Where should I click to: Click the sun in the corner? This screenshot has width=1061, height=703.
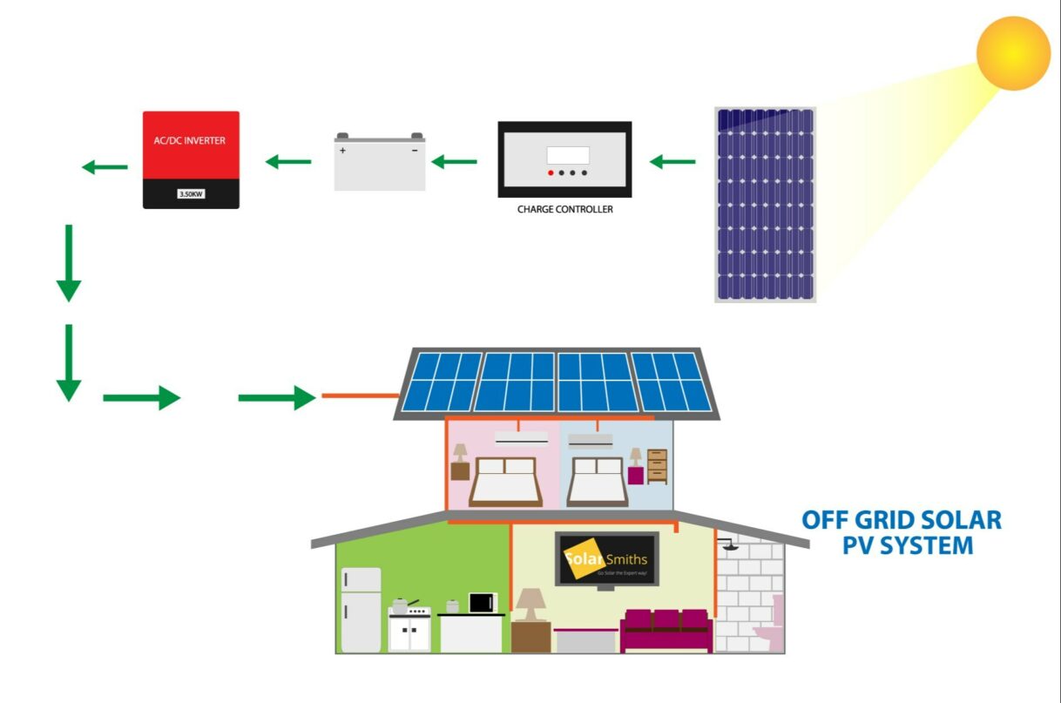tap(1013, 53)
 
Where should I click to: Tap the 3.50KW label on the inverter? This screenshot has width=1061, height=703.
tap(191, 193)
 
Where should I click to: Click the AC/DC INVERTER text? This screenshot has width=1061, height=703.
tap(191, 139)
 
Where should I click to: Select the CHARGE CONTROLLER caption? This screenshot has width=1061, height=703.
tap(564, 209)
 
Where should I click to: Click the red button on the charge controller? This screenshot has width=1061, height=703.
tap(551, 173)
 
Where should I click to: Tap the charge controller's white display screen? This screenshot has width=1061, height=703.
tap(568, 155)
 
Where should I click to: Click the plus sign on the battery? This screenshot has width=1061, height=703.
tap(342, 151)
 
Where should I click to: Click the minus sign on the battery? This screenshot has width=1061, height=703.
tap(415, 151)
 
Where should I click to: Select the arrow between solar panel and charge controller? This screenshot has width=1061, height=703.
tap(672, 161)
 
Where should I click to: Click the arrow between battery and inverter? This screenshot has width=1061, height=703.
tap(288, 161)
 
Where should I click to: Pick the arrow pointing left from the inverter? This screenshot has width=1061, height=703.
tap(105, 166)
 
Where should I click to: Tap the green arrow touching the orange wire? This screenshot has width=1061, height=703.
tap(276, 398)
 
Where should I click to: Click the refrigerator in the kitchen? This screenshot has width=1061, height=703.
tap(361, 609)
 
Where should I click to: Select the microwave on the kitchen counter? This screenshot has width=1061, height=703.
tap(483, 602)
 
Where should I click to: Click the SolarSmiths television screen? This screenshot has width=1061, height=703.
tap(607, 558)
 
